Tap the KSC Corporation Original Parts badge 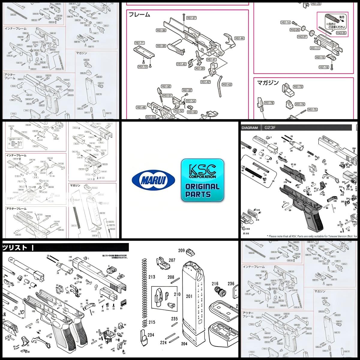pos(202,180)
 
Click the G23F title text pos(270,127)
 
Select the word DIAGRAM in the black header pos(250,127)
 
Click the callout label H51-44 pos(239,38)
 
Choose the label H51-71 pos(140,43)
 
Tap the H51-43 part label pos(227,85)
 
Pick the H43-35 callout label pos(341,33)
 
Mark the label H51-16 pos(324,67)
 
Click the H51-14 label pos(285,22)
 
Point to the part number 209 pos(181,250)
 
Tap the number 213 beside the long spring pos(152,277)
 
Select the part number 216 pos(215,284)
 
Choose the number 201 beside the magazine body pos(189,296)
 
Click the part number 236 pos(231,284)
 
